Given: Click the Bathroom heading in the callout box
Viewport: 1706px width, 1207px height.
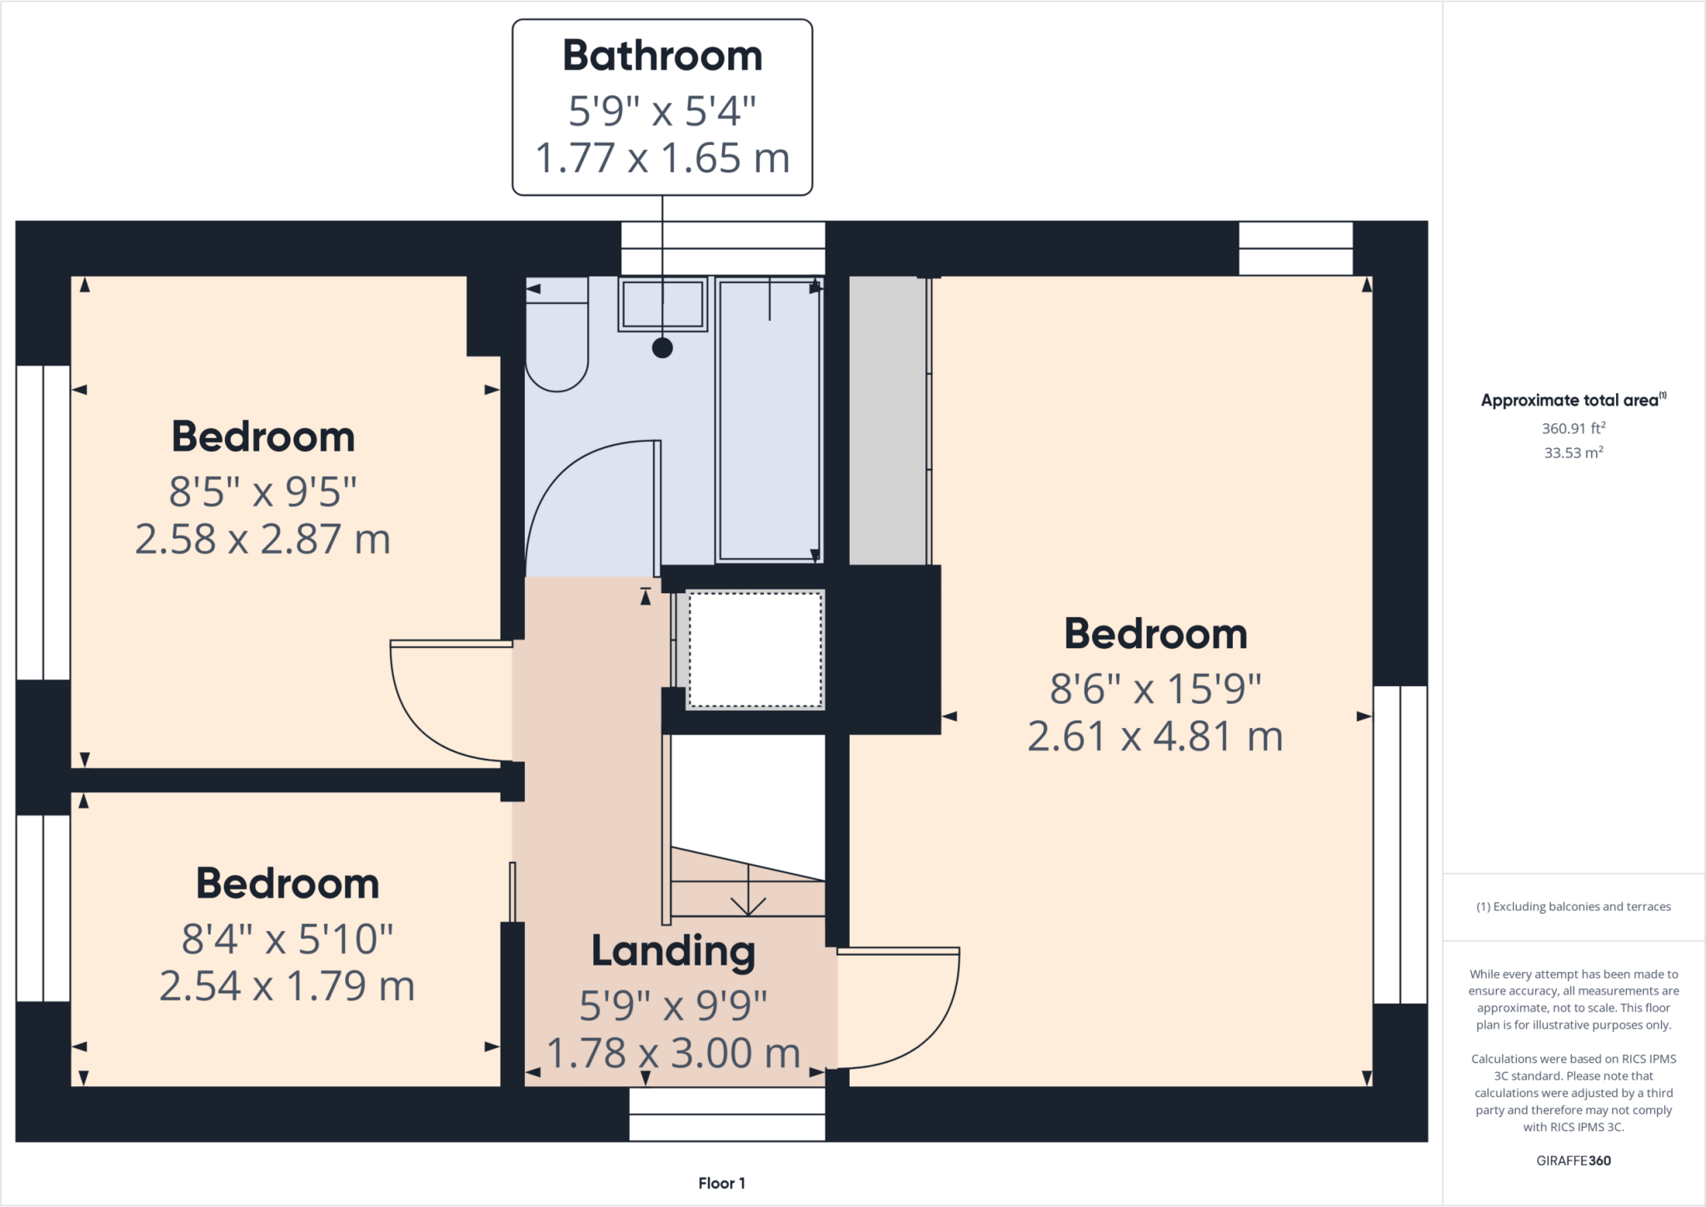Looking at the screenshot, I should (662, 56).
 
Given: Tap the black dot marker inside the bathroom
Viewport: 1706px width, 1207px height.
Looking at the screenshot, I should (662, 348).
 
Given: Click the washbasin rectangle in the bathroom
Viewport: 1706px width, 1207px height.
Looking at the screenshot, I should (662, 304).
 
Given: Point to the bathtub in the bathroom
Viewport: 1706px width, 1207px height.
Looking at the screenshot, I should (769, 421).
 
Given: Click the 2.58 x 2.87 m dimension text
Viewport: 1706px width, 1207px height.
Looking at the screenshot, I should (262, 540).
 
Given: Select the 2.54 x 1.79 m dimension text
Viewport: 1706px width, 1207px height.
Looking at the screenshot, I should (287, 986).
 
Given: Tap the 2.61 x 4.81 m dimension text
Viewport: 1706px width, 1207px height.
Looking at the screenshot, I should (1155, 736).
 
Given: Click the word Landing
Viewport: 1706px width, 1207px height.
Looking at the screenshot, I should (673, 951).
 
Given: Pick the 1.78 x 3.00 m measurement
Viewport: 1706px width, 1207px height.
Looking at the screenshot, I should (673, 1054).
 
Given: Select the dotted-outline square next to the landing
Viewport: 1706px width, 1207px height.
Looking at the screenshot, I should (755, 650).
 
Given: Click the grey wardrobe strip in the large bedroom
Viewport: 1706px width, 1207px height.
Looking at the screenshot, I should (887, 421).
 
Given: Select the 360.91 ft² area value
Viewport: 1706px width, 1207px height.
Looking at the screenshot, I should (1573, 428).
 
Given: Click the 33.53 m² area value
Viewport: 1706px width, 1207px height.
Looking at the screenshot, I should (1573, 452).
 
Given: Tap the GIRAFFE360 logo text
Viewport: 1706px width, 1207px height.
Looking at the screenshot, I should (1573, 1160).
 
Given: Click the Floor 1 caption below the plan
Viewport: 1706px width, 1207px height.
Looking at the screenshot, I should (721, 1183).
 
